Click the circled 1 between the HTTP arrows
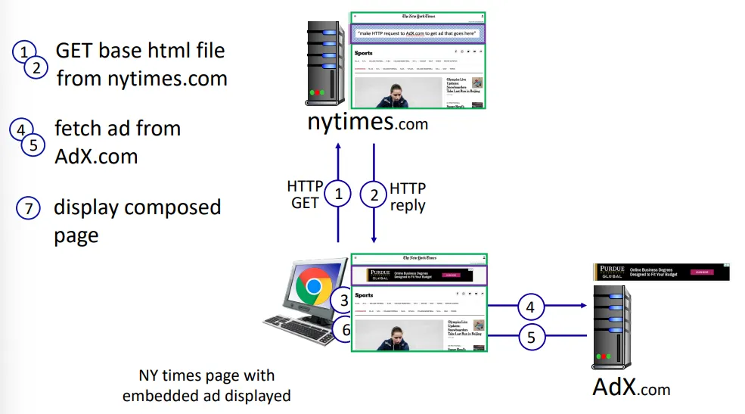pyautogui.click(x=338, y=195)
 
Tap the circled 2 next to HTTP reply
pyautogui.click(x=373, y=195)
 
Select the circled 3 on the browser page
pyautogui.click(x=345, y=300)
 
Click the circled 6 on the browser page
pyautogui.click(x=345, y=330)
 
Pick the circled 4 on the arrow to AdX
pyautogui.click(x=530, y=307)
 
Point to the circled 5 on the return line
pyautogui.click(x=530, y=336)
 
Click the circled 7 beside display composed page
pyautogui.click(x=27, y=208)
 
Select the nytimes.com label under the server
pyautogui.click(x=368, y=122)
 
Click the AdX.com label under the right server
pyautogui.click(x=632, y=388)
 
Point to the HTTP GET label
pyautogui.click(x=304, y=195)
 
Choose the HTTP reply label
pyautogui.click(x=408, y=196)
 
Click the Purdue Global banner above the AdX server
pyautogui.click(x=662, y=272)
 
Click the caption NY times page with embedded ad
pyautogui.click(x=206, y=384)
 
